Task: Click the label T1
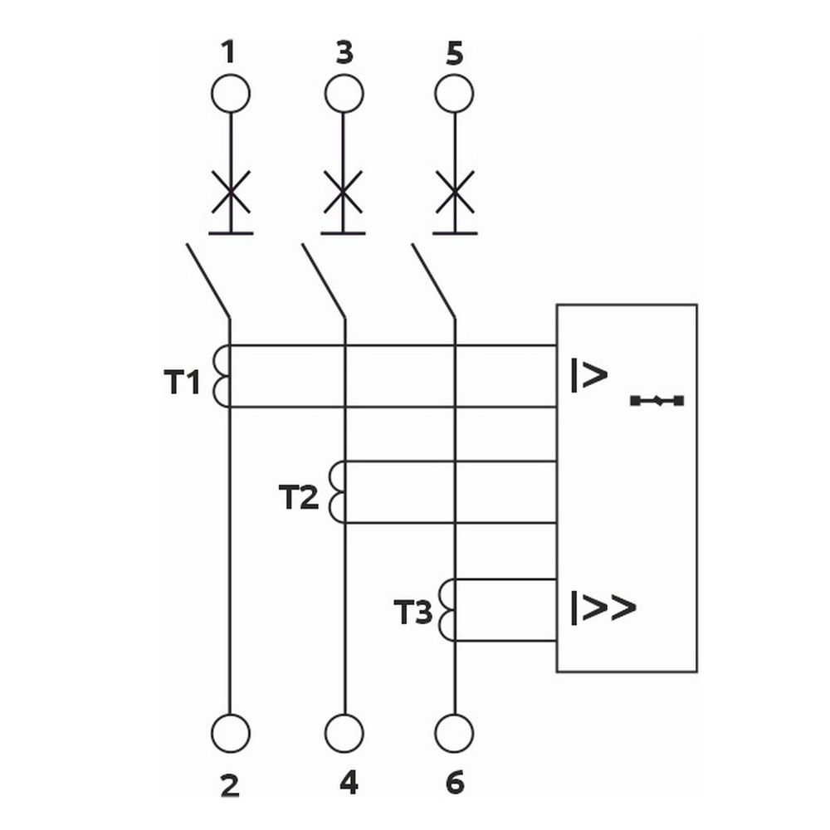coord(182,382)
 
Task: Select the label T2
coord(299,497)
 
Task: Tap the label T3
coord(413,612)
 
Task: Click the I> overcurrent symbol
coord(589,375)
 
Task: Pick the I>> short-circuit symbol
coord(603,608)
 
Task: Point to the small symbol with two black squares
coord(657,401)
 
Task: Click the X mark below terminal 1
coord(231,192)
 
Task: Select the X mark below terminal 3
coord(343,192)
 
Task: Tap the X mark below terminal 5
coord(455,192)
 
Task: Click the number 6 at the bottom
coord(455,783)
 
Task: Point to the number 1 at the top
coord(228,52)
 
